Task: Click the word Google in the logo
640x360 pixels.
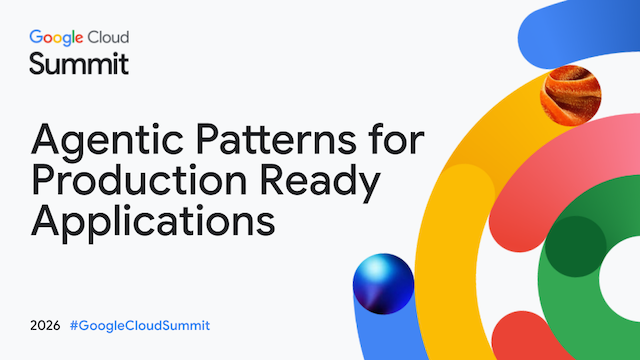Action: [x=56, y=38]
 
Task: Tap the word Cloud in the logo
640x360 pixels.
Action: [x=109, y=37]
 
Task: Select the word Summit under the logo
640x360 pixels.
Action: [x=79, y=64]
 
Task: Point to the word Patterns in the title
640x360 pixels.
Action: [x=276, y=139]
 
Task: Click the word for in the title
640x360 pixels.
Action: [x=397, y=138]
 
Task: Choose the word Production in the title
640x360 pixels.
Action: [x=139, y=180]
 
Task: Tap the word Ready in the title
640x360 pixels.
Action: [x=320, y=183]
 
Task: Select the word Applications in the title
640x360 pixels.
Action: [x=153, y=222]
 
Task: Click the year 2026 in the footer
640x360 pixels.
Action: [x=45, y=326]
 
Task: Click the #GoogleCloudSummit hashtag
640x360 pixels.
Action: [x=140, y=326]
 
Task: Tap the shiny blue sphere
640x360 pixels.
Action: [x=383, y=284]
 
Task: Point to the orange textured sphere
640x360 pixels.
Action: [x=571, y=96]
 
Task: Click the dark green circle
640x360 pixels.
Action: [x=576, y=247]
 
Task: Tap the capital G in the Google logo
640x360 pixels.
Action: [x=36, y=37]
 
